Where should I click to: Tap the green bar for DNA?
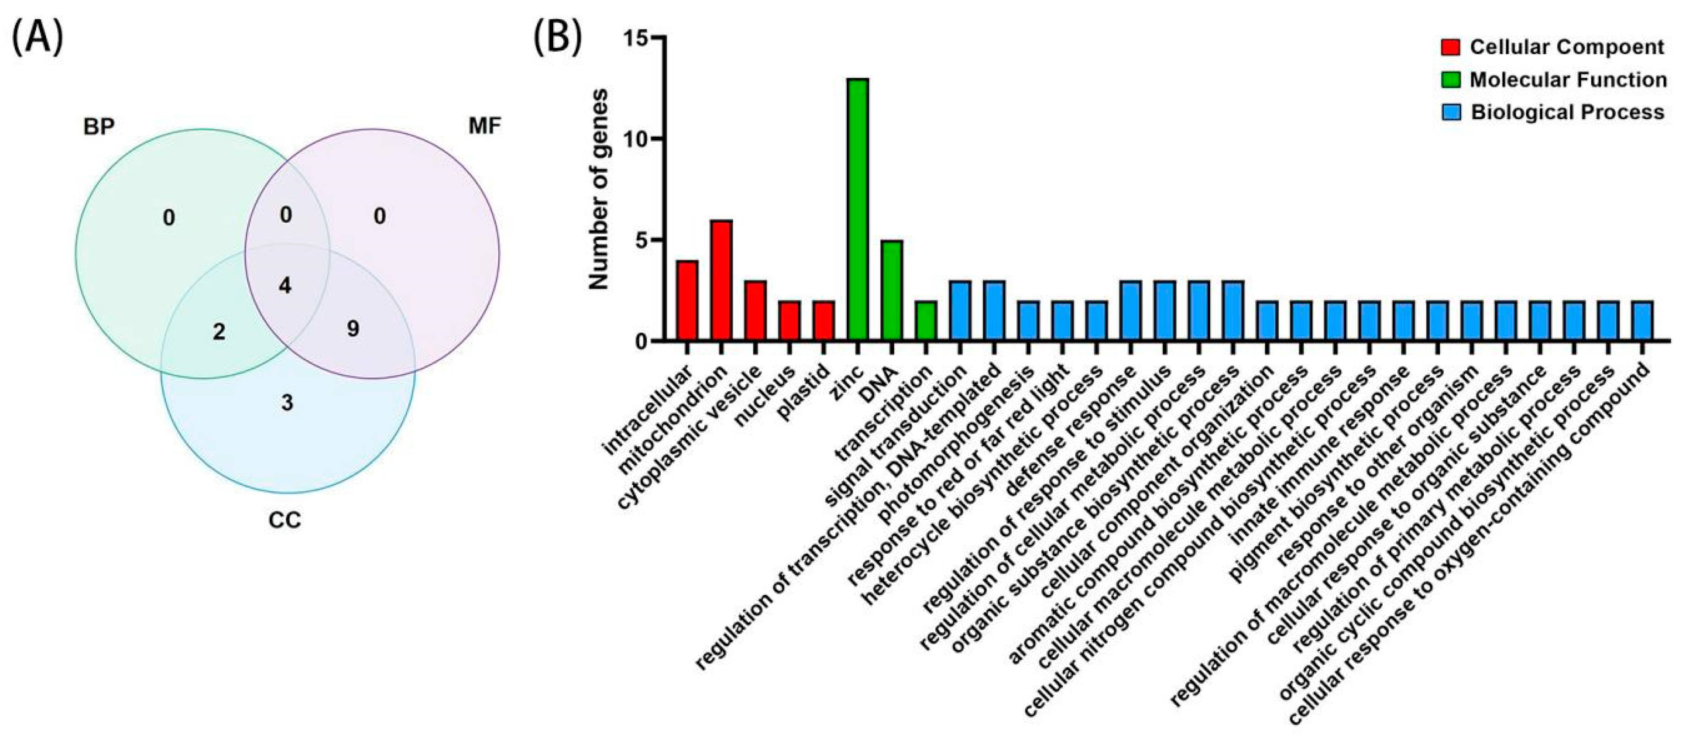[x=891, y=291]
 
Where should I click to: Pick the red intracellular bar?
[x=687, y=301]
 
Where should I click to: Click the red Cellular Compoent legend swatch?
[x=1451, y=48]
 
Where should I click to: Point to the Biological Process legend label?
[x=1567, y=112]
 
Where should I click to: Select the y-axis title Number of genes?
[x=599, y=189]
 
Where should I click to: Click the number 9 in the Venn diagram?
[x=353, y=329]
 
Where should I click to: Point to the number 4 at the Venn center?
[x=285, y=285]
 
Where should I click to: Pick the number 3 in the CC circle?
[x=287, y=403]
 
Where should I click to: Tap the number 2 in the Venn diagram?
[x=219, y=332]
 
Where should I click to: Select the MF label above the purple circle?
[x=484, y=126]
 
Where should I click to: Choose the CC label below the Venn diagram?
[x=285, y=521]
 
